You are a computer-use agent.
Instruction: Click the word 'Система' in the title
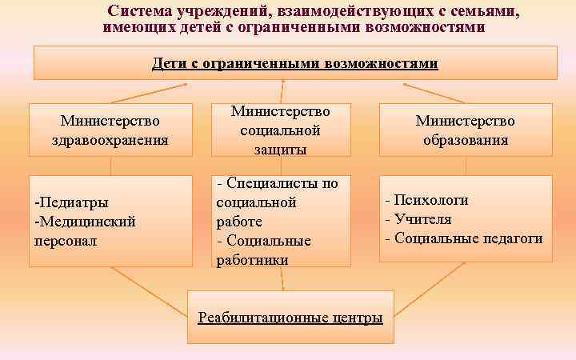point(142,12)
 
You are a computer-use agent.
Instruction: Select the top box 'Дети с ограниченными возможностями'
point(295,62)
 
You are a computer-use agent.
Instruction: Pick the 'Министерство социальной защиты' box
point(281,130)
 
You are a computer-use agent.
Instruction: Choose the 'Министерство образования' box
point(465,130)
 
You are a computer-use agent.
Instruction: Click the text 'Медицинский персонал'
point(84,230)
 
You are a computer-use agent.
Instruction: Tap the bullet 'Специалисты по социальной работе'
point(277,202)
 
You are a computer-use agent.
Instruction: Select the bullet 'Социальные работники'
point(264,250)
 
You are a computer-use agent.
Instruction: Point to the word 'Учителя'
point(422,219)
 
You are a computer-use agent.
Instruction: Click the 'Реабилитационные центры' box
point(290,318)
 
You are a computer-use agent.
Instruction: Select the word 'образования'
point(466,140)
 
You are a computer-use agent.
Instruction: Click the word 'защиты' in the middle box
point(280,149)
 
